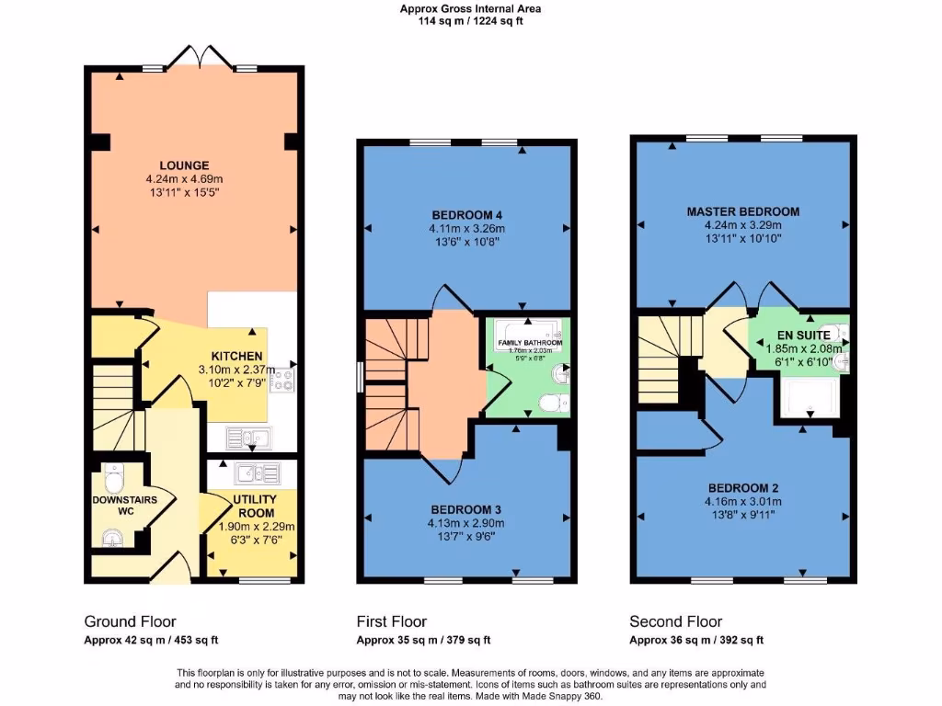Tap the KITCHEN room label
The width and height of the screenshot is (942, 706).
click(x=237, y=357)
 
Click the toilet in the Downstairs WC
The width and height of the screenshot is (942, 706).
click(x=114, y=480)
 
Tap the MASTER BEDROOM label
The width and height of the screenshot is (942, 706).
click(x=742, y=211)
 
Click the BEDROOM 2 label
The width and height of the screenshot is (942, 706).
click(x=742, y=488)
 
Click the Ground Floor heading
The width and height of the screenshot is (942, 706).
click(x=130, y=621)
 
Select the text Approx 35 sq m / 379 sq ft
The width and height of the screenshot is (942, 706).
click(x=423, y=641)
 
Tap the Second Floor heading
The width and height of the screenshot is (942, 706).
click(x=675, y=621)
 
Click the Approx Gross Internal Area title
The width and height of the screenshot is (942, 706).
click(x=470, y=9)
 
